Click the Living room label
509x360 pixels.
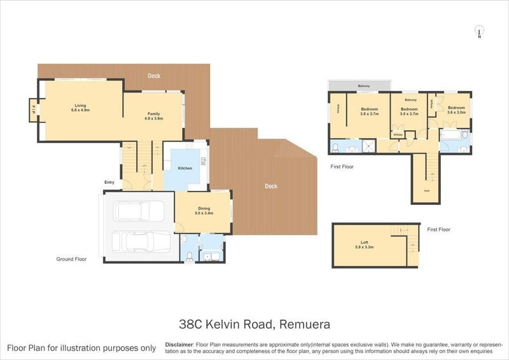81,106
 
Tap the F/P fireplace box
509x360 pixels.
33,109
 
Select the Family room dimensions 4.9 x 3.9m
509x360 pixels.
154,118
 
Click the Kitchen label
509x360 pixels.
185,168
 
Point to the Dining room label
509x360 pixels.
204,208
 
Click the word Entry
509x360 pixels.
109,183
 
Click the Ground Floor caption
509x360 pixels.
70,259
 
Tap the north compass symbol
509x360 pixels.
479,31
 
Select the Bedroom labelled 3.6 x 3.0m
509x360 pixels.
456,110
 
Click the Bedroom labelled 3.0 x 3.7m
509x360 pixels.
408,111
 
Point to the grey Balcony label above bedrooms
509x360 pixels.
363,86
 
